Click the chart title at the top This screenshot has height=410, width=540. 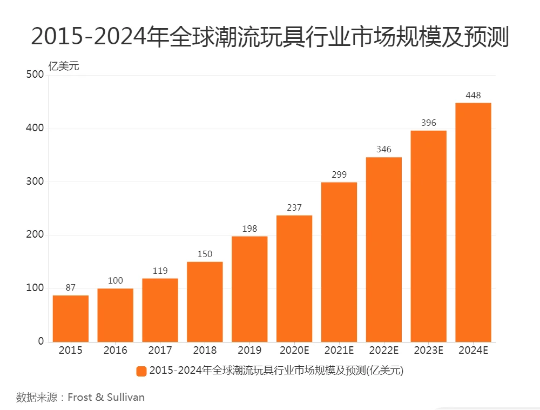270,37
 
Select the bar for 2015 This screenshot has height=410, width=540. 71,318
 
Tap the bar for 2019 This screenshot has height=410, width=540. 249,289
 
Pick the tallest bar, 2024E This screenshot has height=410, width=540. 473,222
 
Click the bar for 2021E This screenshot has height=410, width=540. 339,262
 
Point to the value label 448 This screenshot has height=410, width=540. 473,96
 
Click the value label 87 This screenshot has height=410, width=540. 71,288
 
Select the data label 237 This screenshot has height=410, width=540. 294,208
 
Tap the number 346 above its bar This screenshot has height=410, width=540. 384,150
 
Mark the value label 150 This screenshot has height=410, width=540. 205,254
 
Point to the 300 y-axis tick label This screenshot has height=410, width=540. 35,182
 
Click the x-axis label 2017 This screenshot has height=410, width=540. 160,351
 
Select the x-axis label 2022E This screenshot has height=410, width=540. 384,351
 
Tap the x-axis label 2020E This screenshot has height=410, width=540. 294,351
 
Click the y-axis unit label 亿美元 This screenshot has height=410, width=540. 64,67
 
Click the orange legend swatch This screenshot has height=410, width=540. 141,371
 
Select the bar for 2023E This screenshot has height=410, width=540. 429,236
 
